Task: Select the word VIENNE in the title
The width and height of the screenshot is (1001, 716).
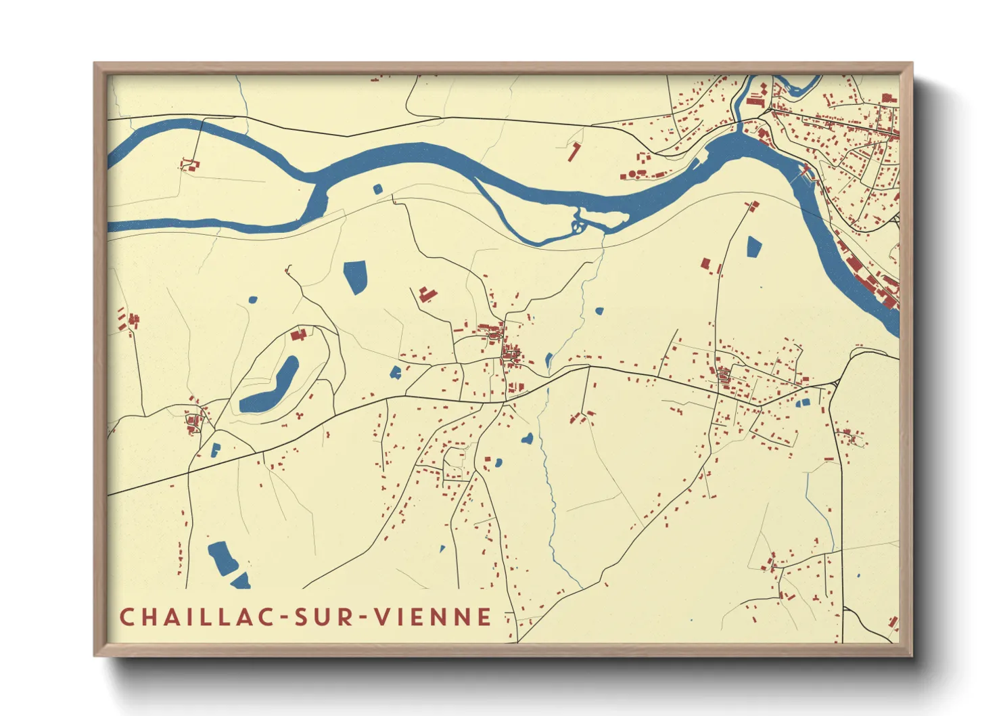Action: pyautogui.click(x=434, y=617)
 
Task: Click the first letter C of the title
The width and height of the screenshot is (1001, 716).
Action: pyautogui.click(x=126, y=617)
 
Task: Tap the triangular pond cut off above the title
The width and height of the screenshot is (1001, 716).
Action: pyautogui.click(x=241, y=580)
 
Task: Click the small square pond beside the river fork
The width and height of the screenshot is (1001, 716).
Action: pyautogui.click(x=377, y=189)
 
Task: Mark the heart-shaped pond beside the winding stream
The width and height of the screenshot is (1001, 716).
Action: pyautogui.click(x=527, y=439)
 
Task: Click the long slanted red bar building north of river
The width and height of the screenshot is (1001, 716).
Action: pyautogui.click(x=574, y=152)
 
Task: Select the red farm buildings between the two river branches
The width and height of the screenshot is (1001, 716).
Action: pyautogui.click(x=190, y=164)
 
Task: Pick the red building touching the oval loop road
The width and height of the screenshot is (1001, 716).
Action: pyautogui.click(x=298, y=334)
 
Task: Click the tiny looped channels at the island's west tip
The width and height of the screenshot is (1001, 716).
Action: pyautogui.click(x=578, y=225)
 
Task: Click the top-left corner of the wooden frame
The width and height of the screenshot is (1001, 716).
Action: pyautogui.click(x=95, y=64)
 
